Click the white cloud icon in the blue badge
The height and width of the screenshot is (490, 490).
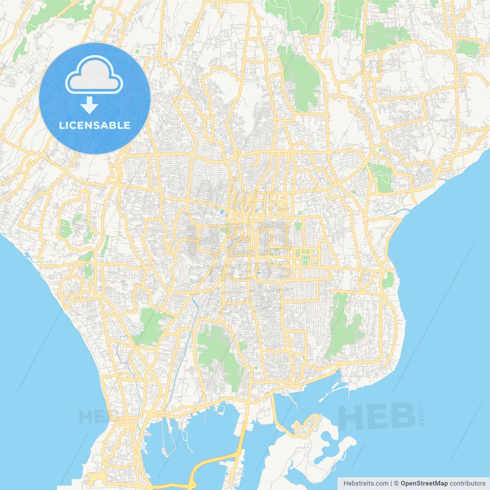click(94, 75)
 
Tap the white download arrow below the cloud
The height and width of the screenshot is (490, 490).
click(90, 105)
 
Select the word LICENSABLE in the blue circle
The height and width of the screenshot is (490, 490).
click(95, 125)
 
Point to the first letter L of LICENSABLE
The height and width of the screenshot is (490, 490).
click(62, 125)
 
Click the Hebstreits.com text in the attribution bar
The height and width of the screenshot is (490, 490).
click(366, 483)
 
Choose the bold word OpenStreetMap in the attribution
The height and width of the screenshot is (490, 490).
click(424, 483)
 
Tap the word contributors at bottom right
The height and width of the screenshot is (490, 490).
click(467, 483)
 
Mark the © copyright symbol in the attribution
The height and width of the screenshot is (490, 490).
click(397, 483)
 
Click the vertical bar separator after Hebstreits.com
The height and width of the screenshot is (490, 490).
click(391, 483)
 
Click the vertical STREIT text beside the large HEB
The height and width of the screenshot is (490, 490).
click(421, 413)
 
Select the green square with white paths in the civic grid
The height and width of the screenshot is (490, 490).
click(305, 261)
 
